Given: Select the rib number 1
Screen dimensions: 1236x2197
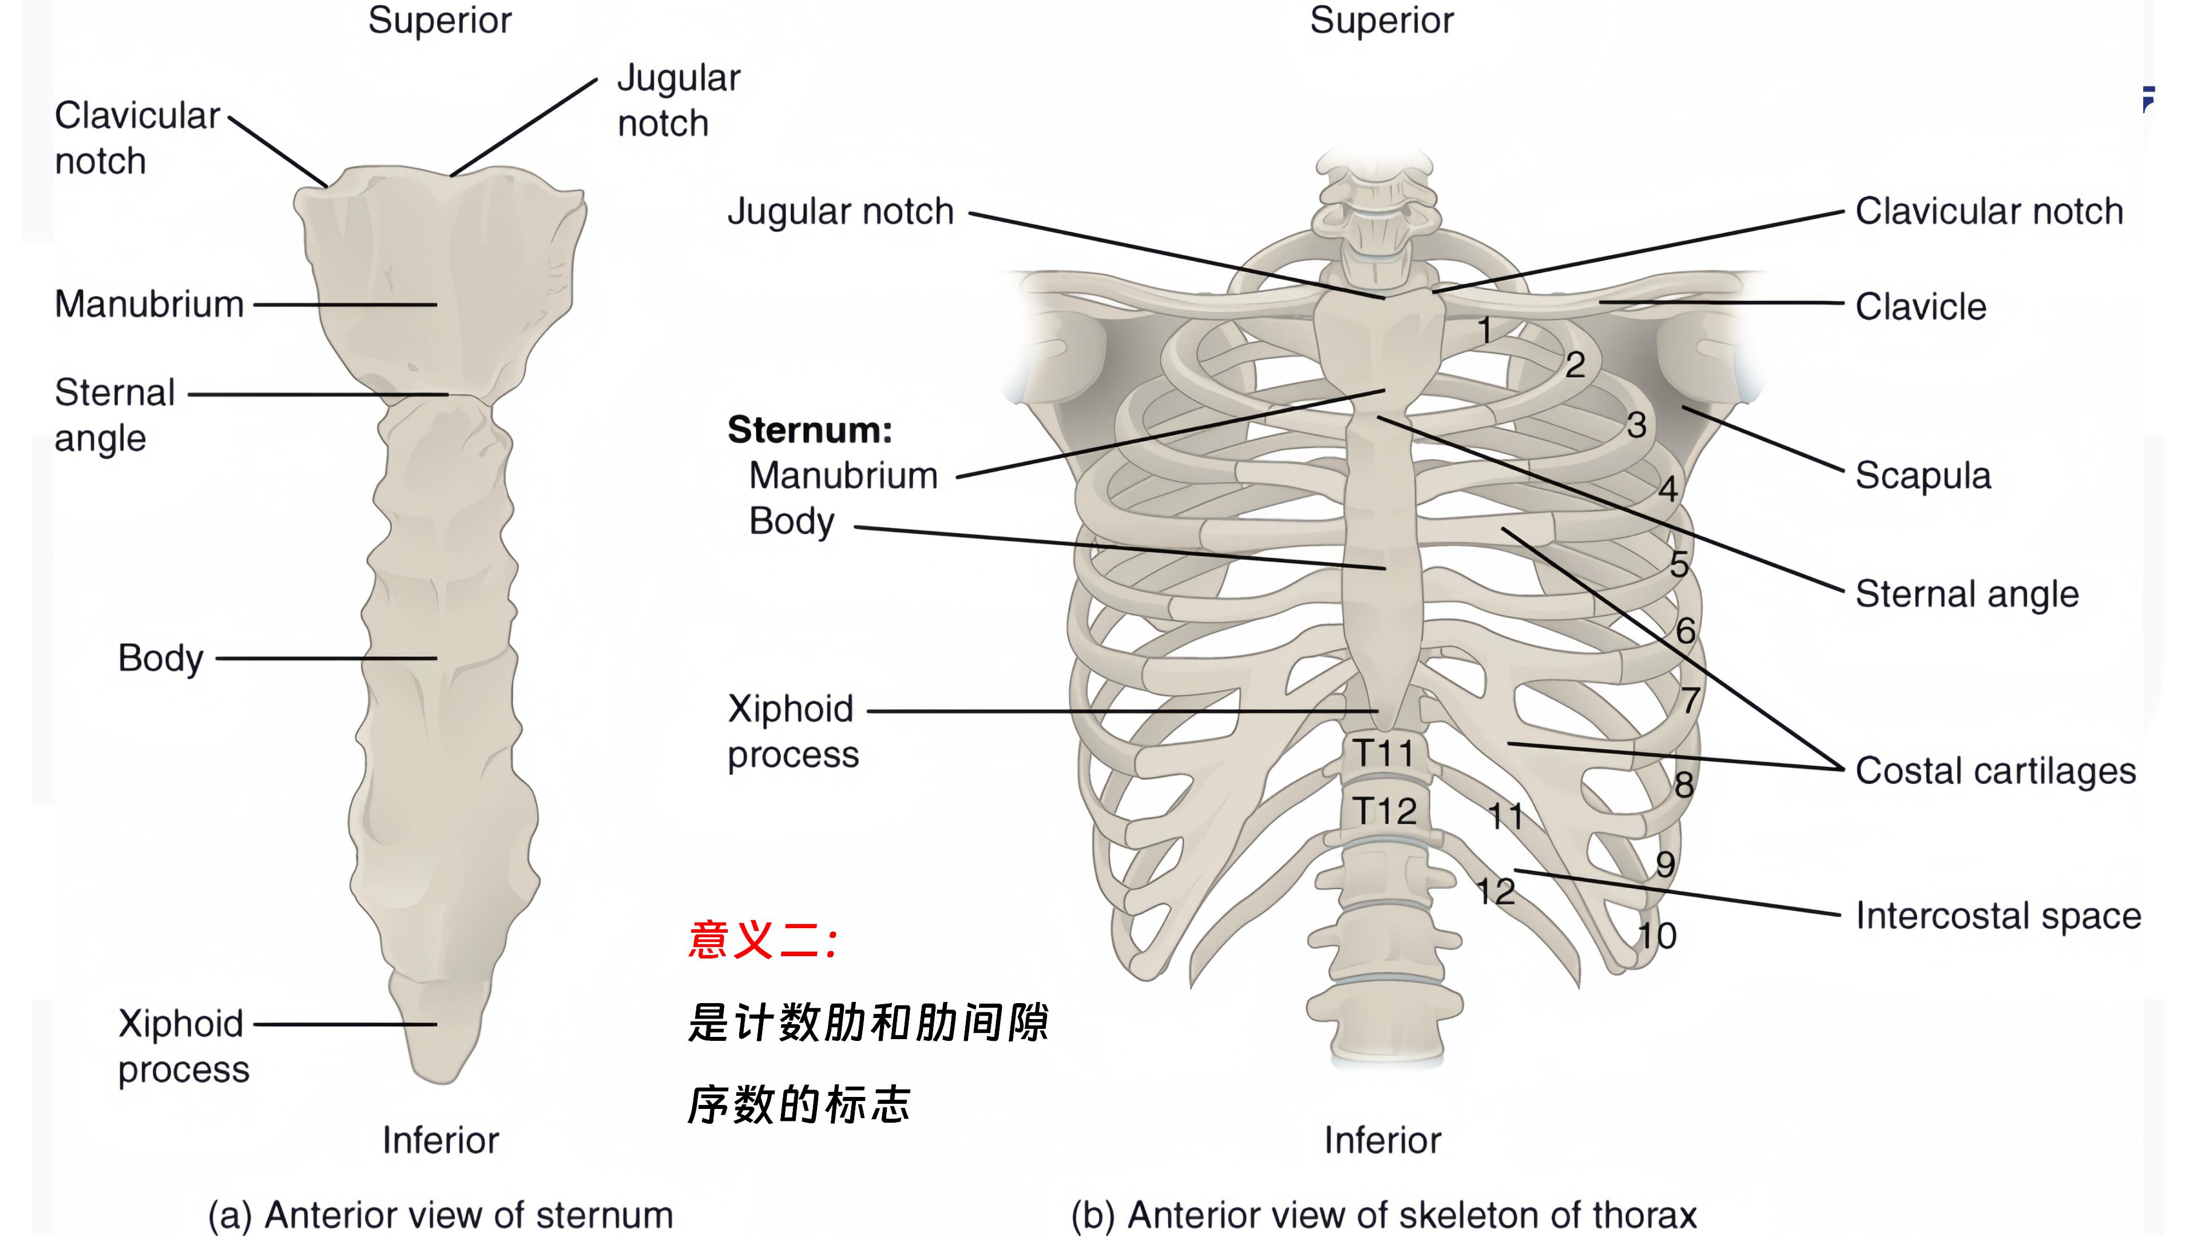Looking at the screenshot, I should click(1485, 330).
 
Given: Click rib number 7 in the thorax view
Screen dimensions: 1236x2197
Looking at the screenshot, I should click(1691, 701).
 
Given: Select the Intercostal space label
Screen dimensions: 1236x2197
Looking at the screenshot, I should click(1997, 916).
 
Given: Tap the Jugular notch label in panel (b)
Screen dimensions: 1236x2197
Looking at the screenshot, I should click(840, 212).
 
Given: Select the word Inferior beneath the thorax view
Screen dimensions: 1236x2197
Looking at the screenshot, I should click(1382, 1140).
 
